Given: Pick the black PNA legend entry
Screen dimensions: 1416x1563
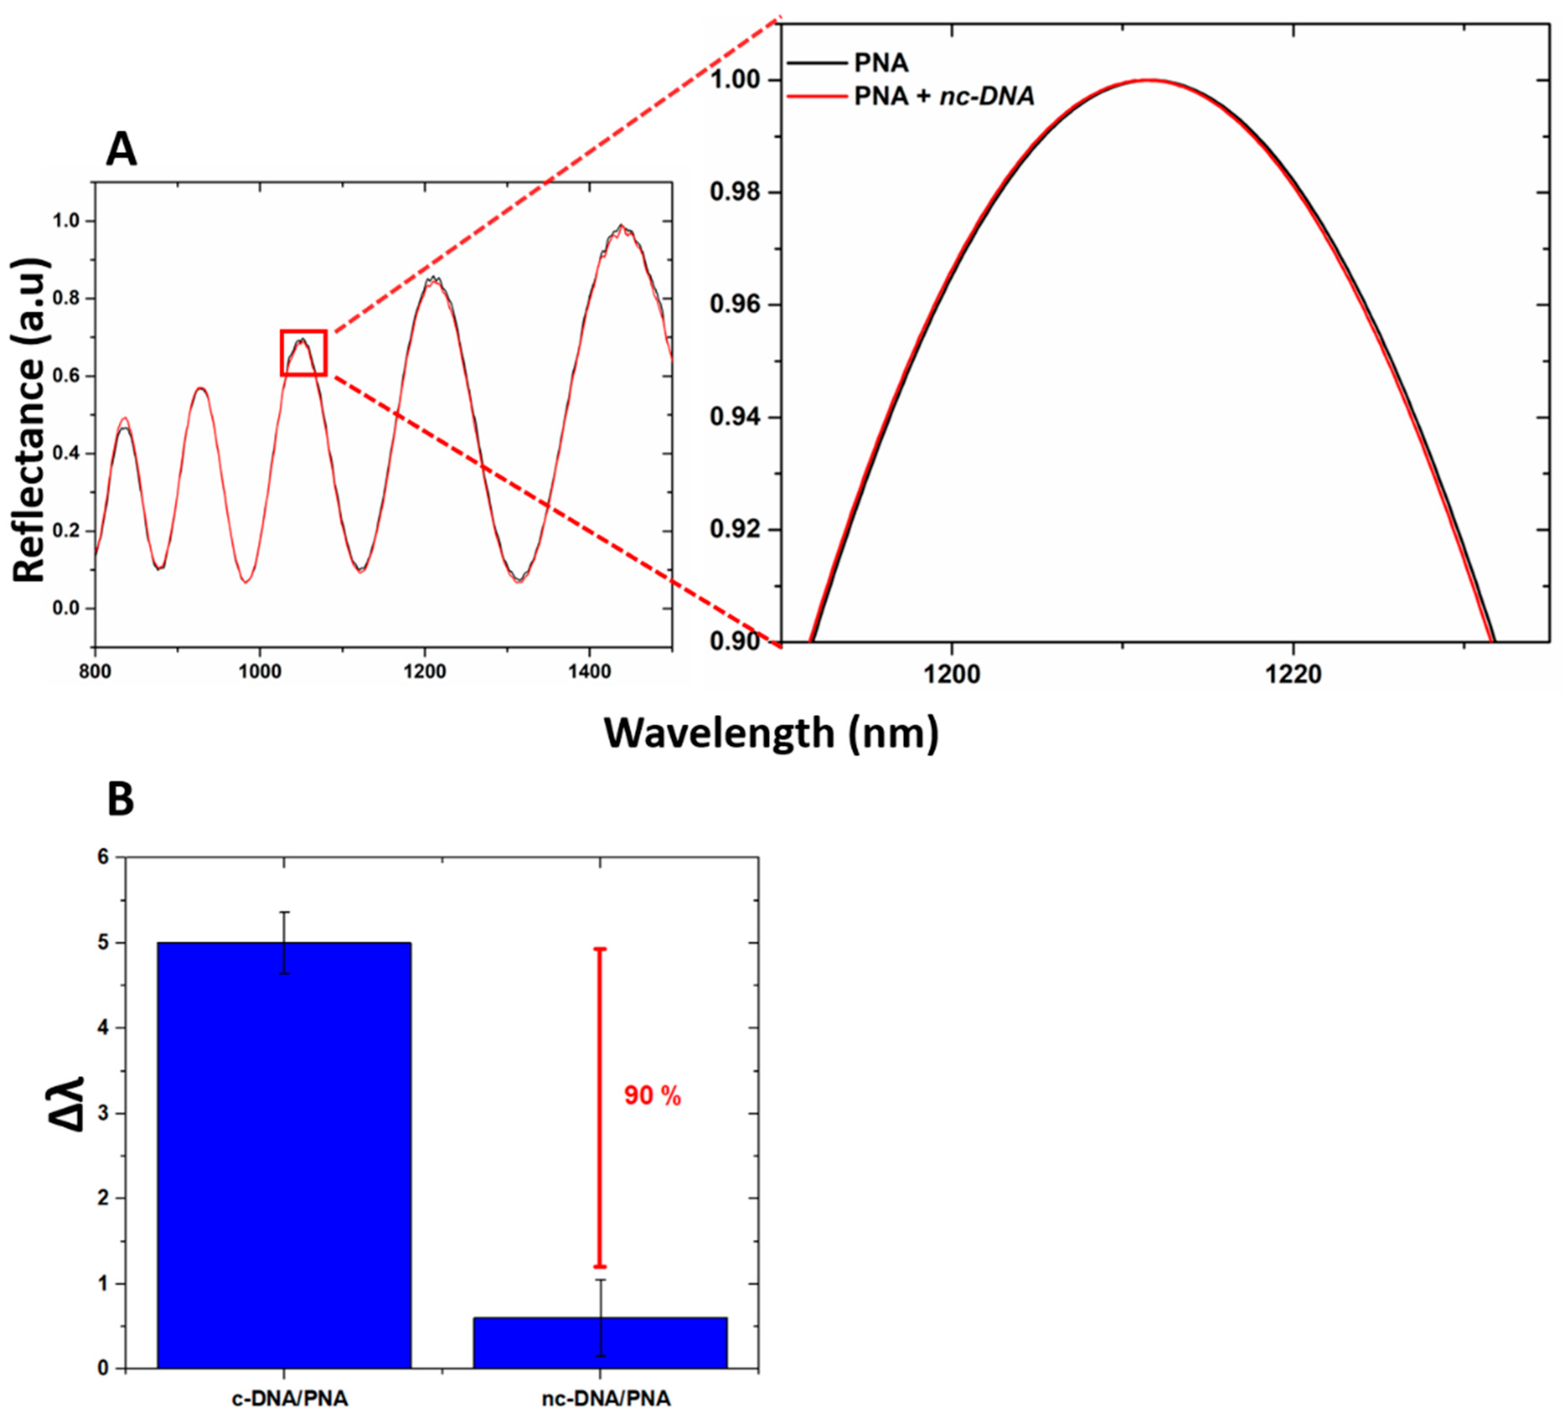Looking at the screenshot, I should point(881,63).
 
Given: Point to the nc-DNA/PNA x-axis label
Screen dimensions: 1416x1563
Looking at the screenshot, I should point(606,1399).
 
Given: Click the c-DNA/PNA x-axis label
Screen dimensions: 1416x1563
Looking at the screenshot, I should point(289,1399).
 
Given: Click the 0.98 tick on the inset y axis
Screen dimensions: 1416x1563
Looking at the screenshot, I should point(734,192).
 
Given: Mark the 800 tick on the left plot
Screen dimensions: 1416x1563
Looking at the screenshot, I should point(95,671).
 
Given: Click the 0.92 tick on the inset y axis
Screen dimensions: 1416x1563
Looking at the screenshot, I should point(734,530).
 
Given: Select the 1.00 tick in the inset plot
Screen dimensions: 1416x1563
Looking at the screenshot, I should point(734,80).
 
